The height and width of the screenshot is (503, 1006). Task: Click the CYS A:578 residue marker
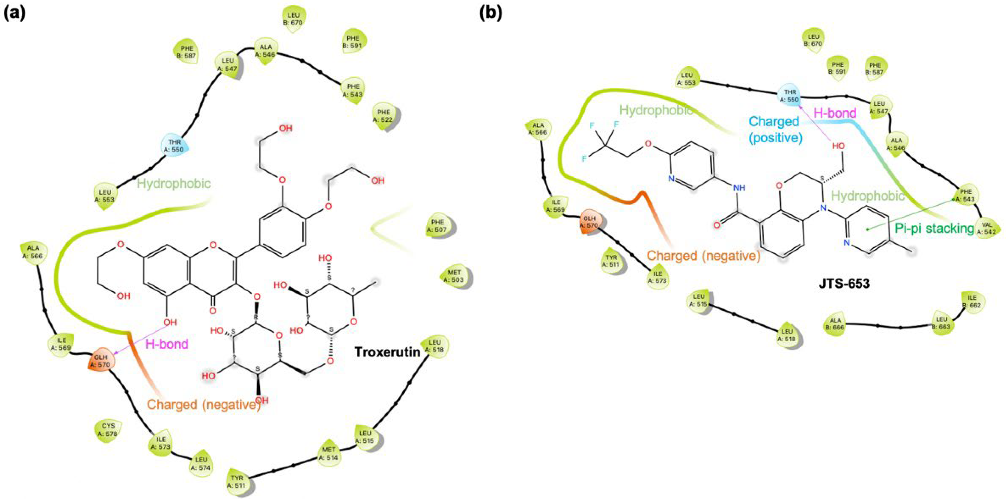tap(108, 430)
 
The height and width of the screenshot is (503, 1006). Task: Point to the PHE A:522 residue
tap(383, 116)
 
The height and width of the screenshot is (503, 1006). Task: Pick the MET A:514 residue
tap(329, 453)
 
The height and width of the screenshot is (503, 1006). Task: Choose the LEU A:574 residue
tap(201, 464)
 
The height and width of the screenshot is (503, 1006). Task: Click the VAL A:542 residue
tap(987, 228)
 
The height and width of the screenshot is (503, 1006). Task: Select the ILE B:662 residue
tap(972, 301)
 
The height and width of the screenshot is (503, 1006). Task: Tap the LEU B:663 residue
tap(942, 323)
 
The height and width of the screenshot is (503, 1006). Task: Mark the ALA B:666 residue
tap(835, 324)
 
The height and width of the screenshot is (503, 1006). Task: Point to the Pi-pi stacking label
tap(934, 228)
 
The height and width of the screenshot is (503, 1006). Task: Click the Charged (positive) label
tap(775, 129)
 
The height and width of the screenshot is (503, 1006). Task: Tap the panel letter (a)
tap(14, 14)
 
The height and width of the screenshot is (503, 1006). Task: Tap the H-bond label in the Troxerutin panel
tap(167, 344)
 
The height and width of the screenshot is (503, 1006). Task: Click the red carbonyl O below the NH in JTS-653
tap(717, 225)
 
